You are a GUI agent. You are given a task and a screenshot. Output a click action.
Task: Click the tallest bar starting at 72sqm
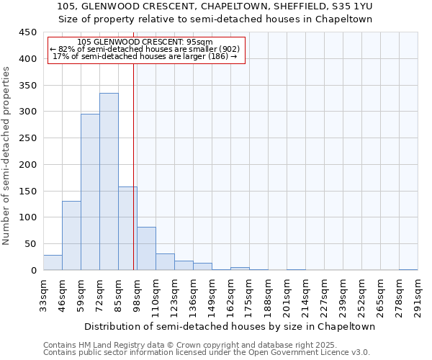pyautogui.click(x=109, y=181)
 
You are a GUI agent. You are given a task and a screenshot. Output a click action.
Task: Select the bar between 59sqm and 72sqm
pyautogui.click(x=90, y=192)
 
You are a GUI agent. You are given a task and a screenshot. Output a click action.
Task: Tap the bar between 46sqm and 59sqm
pyautogui.click(x=71, y=235)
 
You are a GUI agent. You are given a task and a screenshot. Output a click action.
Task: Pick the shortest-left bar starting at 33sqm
pyautogui.click(x=53, y=263)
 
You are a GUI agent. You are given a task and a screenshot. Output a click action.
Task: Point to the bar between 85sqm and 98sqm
pyautogui.click(x=127, y=228)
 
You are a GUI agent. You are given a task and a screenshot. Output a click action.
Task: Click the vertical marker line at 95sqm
pyautogui.click(x=134, y=166)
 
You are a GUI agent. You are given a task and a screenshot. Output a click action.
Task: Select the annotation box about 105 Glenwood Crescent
pyautogui.click(x=147, y=50)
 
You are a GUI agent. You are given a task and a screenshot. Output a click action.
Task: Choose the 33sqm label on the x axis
pyautogui.click(x=43, y=292)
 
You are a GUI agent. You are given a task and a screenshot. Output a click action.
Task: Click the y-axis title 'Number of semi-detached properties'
pyautogui.click(x=7, y=156)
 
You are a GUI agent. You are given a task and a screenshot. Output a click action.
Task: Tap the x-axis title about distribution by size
pyautogui.click(x=230, y=326)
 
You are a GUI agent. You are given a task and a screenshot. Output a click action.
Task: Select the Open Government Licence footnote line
pyautogui.click(x=206, y=353)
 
